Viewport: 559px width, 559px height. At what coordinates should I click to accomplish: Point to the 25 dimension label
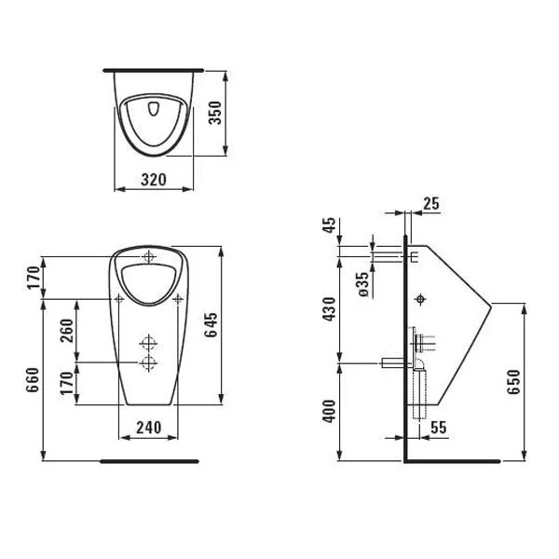(x=430, y=203)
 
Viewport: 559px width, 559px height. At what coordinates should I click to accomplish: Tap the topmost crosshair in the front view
(x=149, y=257)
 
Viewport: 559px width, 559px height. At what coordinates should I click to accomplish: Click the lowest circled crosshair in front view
(x=148, y=361)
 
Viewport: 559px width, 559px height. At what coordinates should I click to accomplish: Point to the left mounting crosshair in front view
(x=119, y=298)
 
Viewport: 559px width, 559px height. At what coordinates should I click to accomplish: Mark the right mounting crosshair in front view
(x=178, y=298)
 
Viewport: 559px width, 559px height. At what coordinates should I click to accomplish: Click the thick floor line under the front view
(x=149, y=459)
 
